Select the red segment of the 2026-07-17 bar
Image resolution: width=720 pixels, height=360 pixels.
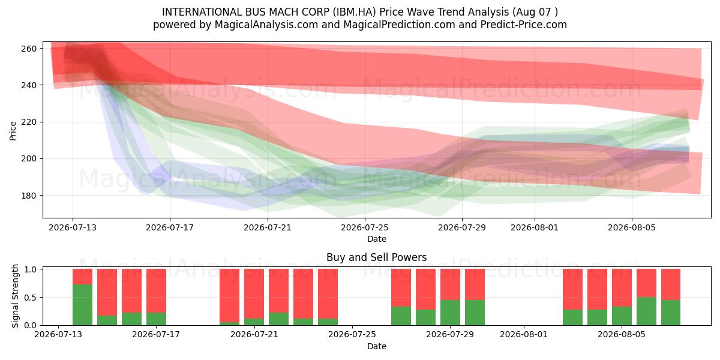point(156,290)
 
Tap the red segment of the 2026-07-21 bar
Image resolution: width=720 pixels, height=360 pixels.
point(254,294)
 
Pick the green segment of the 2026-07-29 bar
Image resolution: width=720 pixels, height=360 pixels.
point(450,313)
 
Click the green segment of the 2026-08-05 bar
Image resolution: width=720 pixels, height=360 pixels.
point(622,316)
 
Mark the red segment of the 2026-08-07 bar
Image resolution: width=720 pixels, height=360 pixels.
point(671,284)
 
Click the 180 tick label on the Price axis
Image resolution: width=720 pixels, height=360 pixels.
point(29,196)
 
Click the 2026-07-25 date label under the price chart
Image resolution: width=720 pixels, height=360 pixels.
point(365,227)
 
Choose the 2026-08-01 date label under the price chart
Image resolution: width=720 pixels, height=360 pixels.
point(535,227)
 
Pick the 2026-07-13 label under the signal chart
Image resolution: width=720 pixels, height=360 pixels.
point(58,335)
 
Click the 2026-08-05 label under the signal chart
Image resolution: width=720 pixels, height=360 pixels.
point(622,335)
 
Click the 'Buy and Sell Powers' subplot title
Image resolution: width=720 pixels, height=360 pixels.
point(377,257)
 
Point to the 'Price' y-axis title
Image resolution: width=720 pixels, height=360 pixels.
point(13,131)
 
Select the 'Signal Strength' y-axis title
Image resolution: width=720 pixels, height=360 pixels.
point(15,296)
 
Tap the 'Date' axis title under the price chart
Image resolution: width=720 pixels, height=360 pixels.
point(377,239)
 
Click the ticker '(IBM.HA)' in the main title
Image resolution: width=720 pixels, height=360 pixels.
point(354,12)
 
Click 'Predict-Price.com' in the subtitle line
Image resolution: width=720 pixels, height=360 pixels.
point(524,25)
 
